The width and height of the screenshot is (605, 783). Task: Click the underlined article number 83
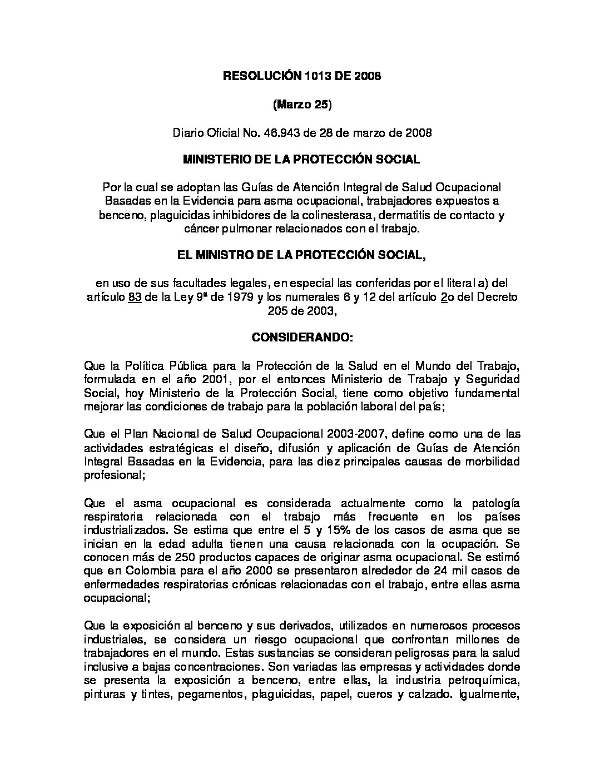pyautogui.click(x=133, y=297)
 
